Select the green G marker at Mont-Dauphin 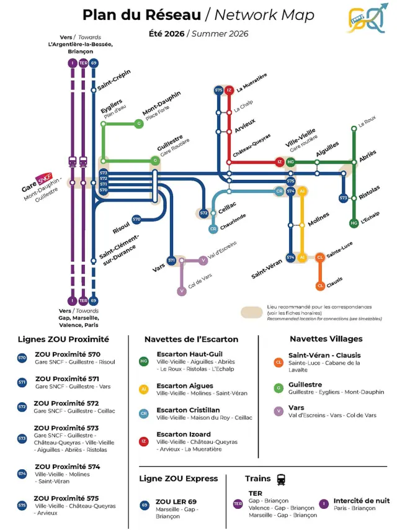click(x=139, y=124)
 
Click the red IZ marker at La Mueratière click(x=229, y=90)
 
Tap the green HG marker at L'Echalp click(x=354, y=223)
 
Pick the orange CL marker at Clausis click(x=320, y=285)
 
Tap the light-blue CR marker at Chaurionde click(x=213, y=229)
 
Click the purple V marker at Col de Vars click(x=181, y=290)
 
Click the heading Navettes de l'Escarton click(x=191, y=339)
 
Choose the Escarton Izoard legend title click(x=184, y=434)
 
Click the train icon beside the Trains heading click(x=281, y=479)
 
